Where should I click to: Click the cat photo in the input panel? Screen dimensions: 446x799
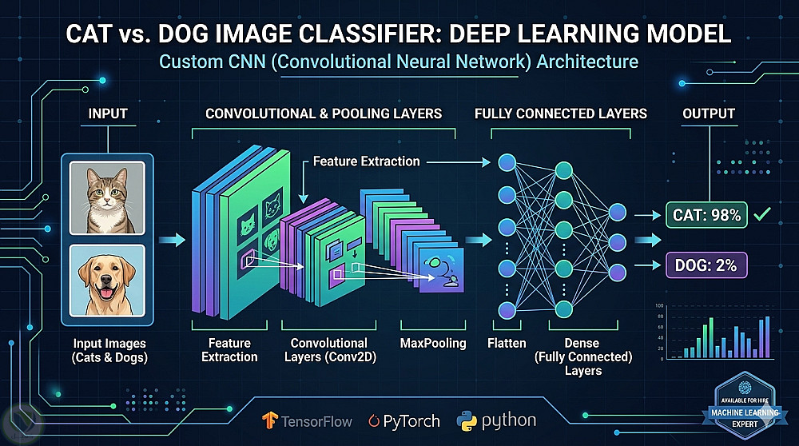(106, 197)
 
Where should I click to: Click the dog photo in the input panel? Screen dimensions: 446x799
(106, 280)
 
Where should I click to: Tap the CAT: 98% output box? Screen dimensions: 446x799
(706, 214)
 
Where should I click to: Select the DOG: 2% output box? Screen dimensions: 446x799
(706, 265)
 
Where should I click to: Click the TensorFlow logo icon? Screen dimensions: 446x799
(269, 420)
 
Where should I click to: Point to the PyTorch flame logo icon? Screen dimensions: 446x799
(374, 420)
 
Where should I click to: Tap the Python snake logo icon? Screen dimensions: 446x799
(468, 420)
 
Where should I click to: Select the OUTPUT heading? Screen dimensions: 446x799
(708, 113)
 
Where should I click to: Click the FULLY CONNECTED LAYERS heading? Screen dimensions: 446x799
(560, 113)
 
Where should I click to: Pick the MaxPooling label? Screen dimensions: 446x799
(433, 343)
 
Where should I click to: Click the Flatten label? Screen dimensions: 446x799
(506, 343)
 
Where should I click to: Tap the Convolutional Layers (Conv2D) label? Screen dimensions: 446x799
(328, 350)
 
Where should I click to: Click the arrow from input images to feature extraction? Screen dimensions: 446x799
(169, 238)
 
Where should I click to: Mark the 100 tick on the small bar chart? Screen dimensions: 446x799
(660, 306)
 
